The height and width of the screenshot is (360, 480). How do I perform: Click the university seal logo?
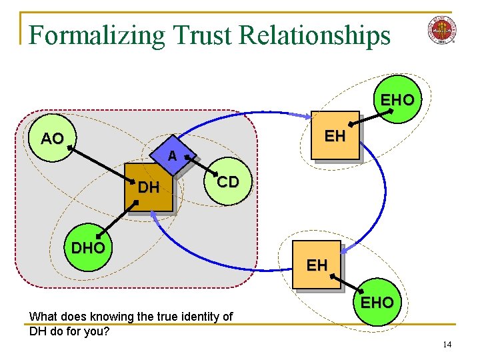[442, 31]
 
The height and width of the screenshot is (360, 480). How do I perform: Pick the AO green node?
[52, 139]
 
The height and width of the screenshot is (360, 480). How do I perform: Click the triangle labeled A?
[172, 155]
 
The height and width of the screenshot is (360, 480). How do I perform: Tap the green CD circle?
[228, 182]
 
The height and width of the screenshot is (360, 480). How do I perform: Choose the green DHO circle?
[88, 248]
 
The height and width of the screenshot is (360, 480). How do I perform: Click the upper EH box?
[335, 137]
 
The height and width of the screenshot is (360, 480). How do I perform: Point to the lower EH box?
[317, 265]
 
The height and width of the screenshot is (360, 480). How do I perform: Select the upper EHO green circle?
[397, 100]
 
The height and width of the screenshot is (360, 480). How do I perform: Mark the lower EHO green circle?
[377, 302]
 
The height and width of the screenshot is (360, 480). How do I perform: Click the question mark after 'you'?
[107, 330]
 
